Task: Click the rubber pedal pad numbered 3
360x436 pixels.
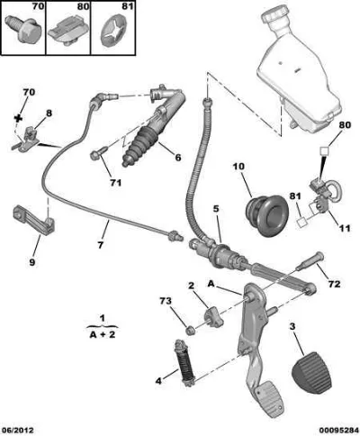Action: point(311,372)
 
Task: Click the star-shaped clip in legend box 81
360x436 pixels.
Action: point(113,32)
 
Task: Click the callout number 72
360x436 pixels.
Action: point(334,284)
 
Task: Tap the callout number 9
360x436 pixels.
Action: point(31,262)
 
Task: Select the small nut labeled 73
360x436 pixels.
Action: point(190,331)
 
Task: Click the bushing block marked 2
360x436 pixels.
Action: point(213,318)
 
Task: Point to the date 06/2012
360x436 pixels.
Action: point(17,431)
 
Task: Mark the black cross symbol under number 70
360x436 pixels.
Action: point(19,118)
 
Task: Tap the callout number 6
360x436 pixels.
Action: point(178,157)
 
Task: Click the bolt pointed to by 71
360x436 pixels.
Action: point(98,152)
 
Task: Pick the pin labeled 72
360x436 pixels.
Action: point(310,260)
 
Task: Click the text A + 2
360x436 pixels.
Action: point(102,334)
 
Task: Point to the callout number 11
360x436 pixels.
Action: point(344,228)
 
